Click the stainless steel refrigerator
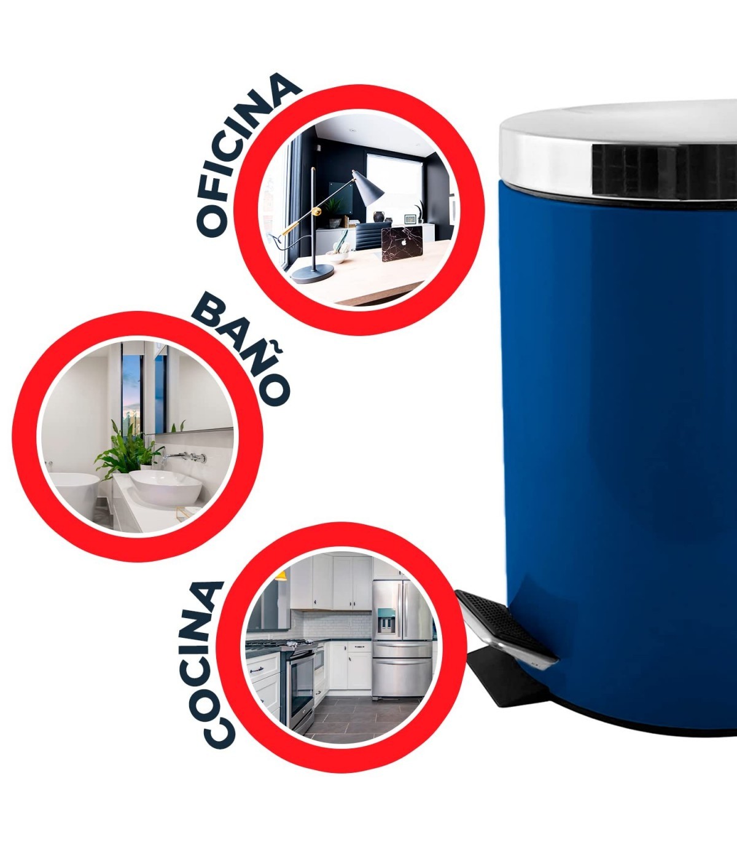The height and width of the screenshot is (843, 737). click(x=401, y=638)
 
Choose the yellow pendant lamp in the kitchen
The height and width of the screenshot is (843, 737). click(x=281, y=576)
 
